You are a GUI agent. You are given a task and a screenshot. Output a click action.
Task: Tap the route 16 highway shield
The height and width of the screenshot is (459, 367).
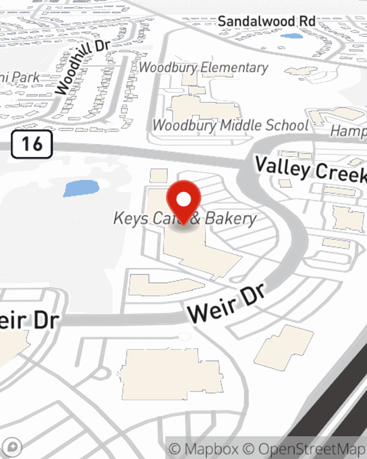click(32, 144)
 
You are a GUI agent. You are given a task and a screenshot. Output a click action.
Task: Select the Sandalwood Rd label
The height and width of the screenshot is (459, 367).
click(266, 21)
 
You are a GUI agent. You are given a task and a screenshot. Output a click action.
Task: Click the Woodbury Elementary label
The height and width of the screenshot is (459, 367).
click(204, 68)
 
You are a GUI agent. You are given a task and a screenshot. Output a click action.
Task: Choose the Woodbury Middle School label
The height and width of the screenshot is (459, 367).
click(230, 125)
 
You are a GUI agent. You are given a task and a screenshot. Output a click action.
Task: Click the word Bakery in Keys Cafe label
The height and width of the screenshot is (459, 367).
click(230, 218)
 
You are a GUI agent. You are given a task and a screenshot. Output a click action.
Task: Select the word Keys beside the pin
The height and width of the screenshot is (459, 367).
click(131, 218)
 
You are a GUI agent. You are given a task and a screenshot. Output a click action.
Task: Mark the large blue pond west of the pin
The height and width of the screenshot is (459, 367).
click(81, 188)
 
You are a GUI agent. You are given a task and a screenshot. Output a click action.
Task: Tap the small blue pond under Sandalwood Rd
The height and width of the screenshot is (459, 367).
click(291, 36)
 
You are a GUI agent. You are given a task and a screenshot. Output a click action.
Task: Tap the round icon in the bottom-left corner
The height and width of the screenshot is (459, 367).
click(14, 447)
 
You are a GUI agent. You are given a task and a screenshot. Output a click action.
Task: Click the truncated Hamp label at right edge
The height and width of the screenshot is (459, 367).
click(348, 131)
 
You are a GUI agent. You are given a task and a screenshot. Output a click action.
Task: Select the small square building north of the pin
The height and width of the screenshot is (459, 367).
click(159, 176)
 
